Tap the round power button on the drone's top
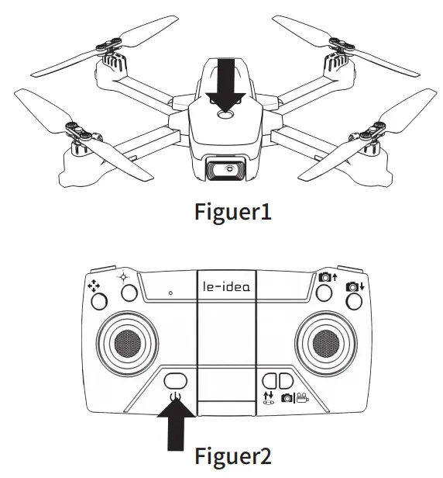(225, 114)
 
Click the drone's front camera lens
(225, 167)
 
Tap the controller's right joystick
(323, 339)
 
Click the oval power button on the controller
(177, 381)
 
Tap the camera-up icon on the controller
(328, 277)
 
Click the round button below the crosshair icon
(129, 293)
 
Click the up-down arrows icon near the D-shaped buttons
(268, 397)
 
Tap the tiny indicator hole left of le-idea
(170, 293)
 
